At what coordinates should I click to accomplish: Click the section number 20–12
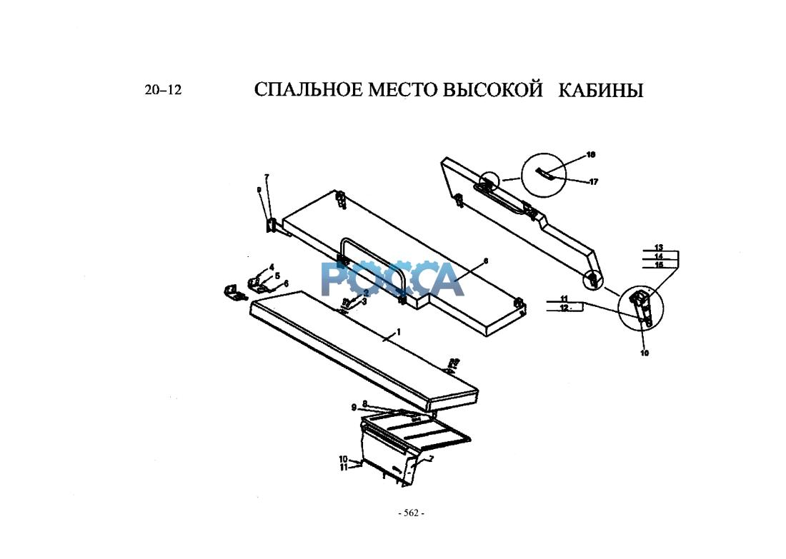(x=163, y=91)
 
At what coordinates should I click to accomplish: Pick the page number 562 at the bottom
(x=411, y=513)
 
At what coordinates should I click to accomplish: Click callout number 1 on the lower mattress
(x=399, y=331)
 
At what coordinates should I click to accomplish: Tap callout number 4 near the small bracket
(x=272, y=267)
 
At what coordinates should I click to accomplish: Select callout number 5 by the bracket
(x=277, y=275)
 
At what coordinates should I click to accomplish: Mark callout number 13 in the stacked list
(x=658, y=247)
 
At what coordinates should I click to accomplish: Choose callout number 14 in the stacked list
(x=658, y=256)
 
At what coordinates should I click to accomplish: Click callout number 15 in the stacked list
(x=658, y=264)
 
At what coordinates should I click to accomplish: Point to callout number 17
(x=594, y=182)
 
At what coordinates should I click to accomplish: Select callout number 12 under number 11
(x=564, y=308)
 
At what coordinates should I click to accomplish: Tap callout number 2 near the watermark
(x=365, y=293)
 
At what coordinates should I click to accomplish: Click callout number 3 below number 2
(x=365, y=302)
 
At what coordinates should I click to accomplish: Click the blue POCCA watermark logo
(x=392, y=278)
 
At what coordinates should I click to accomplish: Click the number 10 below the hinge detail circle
(x=644, y=353)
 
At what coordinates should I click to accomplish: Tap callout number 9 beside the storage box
(x=353, y=408)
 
